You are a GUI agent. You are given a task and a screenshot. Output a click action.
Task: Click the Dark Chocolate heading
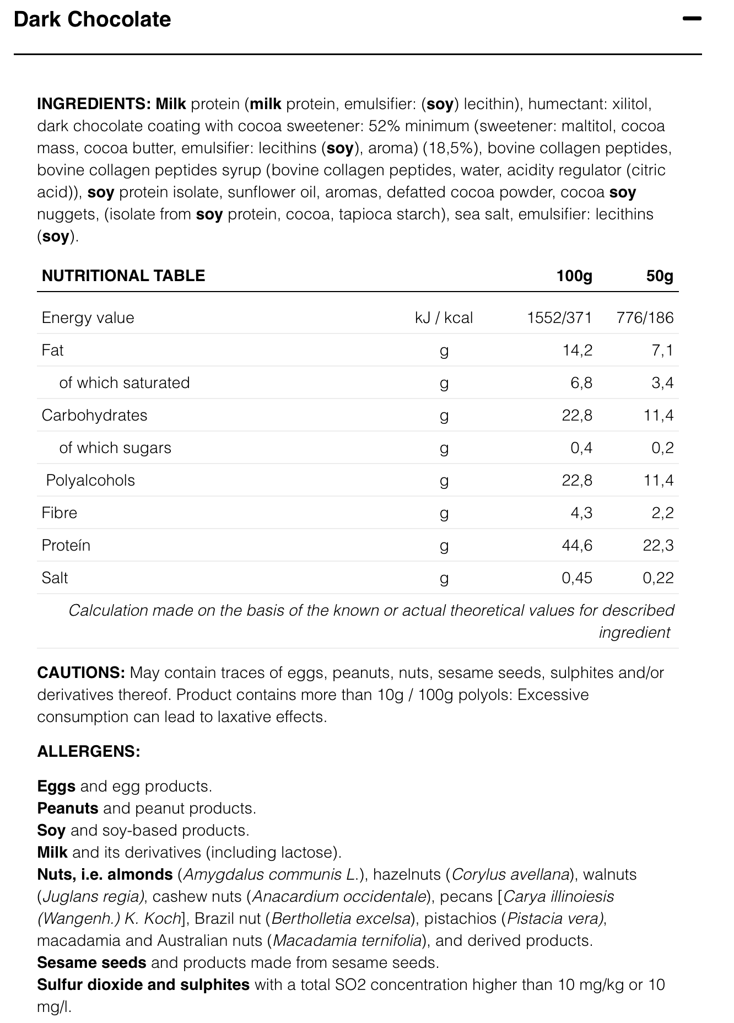pos(92,20)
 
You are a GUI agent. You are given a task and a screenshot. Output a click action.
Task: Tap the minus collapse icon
pos(692,19)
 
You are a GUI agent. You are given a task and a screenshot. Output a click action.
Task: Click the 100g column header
pos(574,276)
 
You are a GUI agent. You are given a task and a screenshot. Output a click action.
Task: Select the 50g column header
pos(660,276)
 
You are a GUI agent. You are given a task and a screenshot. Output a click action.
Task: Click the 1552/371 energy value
pos(559,317)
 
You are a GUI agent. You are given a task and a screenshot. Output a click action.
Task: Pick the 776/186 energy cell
pos(645,317)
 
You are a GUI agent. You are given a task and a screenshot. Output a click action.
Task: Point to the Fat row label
pos(52,350)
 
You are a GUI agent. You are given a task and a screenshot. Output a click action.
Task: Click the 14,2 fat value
pos(577,350)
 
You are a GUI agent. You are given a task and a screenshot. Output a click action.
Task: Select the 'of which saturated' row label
pos(124,383)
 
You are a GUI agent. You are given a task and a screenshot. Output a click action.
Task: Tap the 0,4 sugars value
pos(581,448)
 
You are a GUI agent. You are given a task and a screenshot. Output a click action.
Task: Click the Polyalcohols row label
pos(90,480)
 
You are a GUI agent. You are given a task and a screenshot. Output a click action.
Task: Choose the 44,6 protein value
pos(577,545)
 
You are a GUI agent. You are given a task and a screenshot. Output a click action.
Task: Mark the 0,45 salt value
pos(577,578)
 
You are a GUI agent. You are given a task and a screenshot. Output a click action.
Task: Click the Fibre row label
pos(59,513)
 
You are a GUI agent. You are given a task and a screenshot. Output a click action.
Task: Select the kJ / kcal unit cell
pos(444,317)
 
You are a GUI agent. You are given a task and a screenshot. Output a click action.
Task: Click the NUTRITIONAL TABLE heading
pos(123,276)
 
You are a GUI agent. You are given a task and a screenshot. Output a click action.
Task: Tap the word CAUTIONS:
pos(82,672)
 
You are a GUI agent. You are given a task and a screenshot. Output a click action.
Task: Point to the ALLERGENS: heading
pos(89,751)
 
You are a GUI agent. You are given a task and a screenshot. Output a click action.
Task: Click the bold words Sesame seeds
pos(91,962)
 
